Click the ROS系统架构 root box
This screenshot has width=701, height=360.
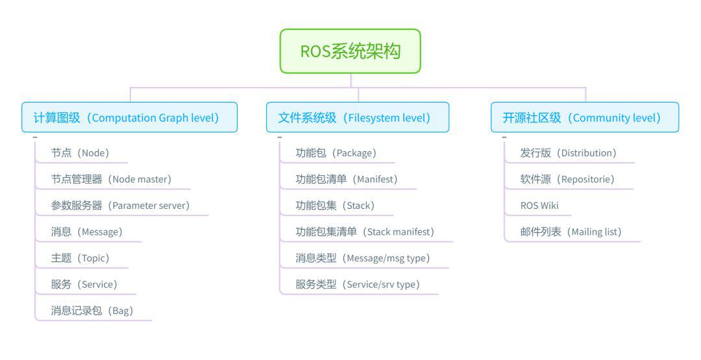pyautogui.click(x=350, y=51)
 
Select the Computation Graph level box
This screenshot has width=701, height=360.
pyautogui.click(x=130, y=117)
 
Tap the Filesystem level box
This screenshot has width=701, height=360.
pyautogui.click(x=358, y=117)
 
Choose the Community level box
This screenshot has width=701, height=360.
pyautogui.click(x=585, y=117)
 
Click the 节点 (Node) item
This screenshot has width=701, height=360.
pyautogui.click(x=80, y=152)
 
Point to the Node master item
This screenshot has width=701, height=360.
pyautogui.click(x=112, y=179)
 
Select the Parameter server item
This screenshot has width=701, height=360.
pyautogui.click(x=121, y=206)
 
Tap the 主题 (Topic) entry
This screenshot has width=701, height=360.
pyautogui.click(x=80, y=258)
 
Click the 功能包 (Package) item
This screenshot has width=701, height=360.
pyautogui.click(x=336, y=152)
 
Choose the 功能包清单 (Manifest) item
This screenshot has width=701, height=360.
pyautogui.click(x=347, y=179)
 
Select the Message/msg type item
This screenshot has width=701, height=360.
pyautogui.click(x=363, y=258)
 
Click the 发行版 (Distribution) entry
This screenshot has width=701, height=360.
pyautogui.click(x=569, y=152)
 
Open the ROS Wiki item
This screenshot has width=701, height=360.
pyautogui.click(x=539, y=206)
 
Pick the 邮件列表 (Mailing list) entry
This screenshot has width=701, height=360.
pyautogui.click(x=571, y=232)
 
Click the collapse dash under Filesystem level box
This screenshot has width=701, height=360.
pyautogui.click(x=279, y=137)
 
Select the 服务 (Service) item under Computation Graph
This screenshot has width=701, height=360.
pyautogui.click(x=84, y=285)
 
